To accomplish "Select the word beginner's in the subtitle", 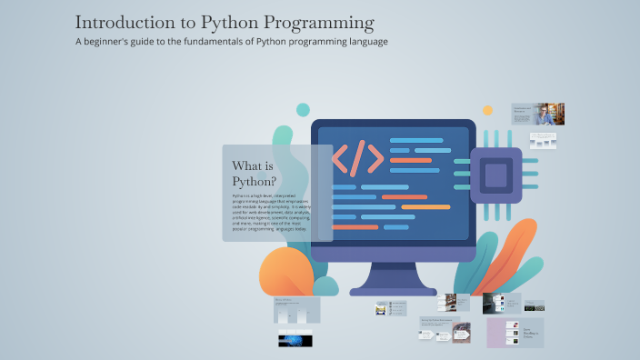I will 122,42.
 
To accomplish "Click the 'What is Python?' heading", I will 255,173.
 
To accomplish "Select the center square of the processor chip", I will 495,175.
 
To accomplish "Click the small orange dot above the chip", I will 487,111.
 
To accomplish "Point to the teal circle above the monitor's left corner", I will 303,110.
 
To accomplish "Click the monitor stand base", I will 393,289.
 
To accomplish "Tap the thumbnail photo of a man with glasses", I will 545,115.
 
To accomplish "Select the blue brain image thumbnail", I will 295,340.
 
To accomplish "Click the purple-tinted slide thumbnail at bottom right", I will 515,333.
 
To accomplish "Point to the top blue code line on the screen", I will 415,140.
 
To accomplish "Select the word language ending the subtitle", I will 365,42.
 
